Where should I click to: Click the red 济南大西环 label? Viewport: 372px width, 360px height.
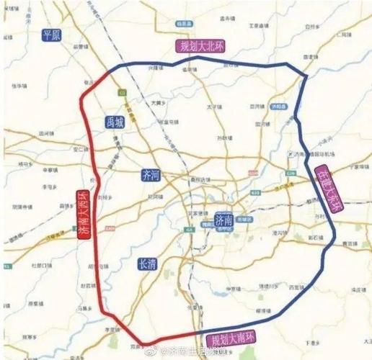(84, 215)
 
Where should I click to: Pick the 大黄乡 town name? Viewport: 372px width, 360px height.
(159, 103)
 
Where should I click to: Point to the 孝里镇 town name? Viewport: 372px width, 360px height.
(111, 328)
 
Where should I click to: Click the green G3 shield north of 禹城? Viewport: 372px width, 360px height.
(123, 91)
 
